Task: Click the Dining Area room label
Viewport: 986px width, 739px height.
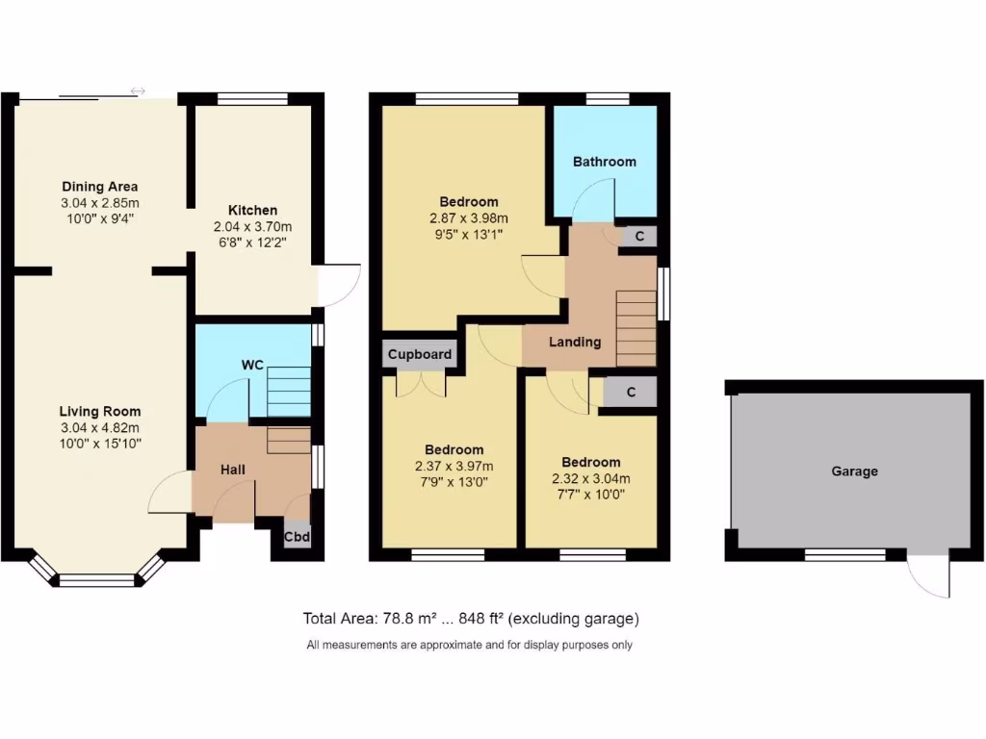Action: (100, 186)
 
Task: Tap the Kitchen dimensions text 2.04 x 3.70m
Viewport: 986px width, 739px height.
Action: (252, 226)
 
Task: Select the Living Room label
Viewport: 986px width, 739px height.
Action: (100, 411)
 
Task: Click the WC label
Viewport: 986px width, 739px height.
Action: (252, 366)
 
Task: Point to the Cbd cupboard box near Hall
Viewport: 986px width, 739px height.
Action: (297, 537)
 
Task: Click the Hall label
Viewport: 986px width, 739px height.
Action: (232, 470)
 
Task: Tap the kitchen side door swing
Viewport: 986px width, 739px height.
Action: (340, 286)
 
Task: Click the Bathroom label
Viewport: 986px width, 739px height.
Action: (604, 162)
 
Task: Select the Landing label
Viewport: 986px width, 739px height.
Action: (575, 342)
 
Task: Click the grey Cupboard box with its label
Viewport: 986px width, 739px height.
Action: (420, 354)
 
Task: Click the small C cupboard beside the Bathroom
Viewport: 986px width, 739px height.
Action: (639, 236)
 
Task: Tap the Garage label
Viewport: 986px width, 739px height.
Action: (854, 471)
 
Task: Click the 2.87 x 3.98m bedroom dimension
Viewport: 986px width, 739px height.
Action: (469, 217)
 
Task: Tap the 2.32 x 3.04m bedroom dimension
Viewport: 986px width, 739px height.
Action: (591, 478)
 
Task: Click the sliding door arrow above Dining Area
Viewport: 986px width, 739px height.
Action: (138, 91)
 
